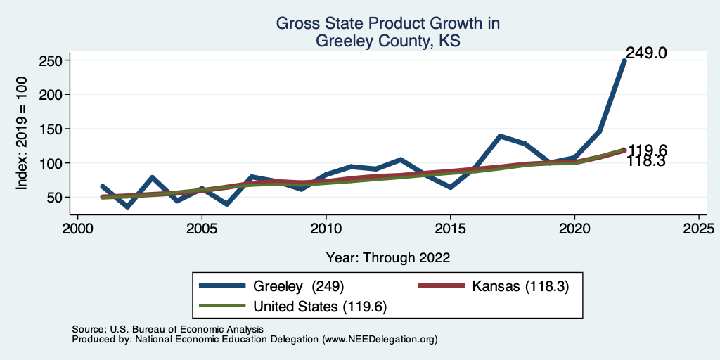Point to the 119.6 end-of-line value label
tap(648, 150)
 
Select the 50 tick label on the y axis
tap(54, 198)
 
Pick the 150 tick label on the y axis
tap(51, 129)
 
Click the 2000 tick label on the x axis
tap(77, 229)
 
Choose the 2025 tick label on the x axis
tap(699, 229)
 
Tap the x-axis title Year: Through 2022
tap(388, 257)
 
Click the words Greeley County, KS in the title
tap(387, 41)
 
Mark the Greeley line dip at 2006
tap(226, 204)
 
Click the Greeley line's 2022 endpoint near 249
tap(624, 60)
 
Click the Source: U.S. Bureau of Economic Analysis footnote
tap(167, 329)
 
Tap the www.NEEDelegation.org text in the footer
tap(380, 340)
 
